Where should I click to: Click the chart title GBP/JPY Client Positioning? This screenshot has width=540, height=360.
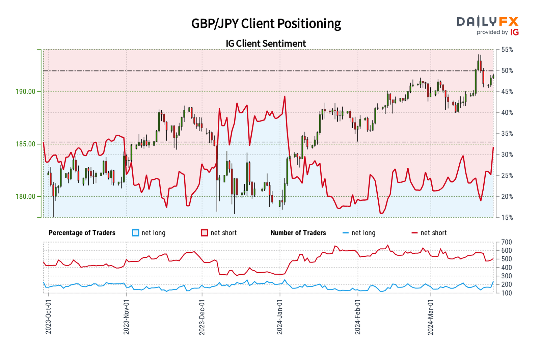pos(266,24)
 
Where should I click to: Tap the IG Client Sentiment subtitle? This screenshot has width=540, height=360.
pos(266,44)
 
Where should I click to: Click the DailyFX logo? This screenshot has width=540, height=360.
pos(487,25)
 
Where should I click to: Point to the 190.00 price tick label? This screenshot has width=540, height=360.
pos(26,91)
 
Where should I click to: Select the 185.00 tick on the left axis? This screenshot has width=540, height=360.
pos(26,144)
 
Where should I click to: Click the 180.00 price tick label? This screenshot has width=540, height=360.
pos(26,196)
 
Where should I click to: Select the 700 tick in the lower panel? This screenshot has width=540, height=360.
pos(507,242)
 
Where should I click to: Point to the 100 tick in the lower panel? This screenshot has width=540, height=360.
pos(507,293)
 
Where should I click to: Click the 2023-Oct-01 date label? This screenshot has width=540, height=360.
pos(48,316)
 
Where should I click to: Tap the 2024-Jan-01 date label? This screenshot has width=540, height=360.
pos(279,316)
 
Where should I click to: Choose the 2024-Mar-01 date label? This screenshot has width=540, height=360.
pos(431,316)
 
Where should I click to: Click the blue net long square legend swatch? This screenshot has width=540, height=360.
pos(136,233)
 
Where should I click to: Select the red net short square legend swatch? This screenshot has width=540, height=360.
pos(205,233)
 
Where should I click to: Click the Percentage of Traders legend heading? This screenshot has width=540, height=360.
pos(82,233)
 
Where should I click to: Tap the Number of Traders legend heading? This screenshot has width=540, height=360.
pos(298,233)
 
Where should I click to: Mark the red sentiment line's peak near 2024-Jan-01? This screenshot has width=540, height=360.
pos(285,96)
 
